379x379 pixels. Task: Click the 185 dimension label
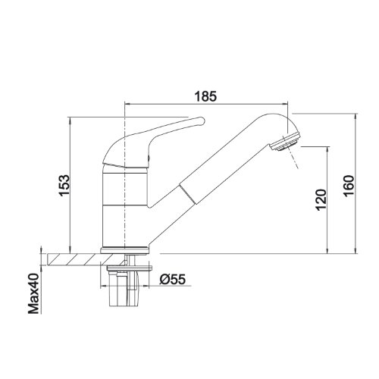point(205,96)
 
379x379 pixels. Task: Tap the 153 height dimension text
point(64,186)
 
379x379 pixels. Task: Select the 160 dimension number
point(349,186)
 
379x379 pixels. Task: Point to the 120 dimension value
point(321,199)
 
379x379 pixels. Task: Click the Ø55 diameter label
point(173,279)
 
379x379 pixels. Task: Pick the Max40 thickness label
point(34,293)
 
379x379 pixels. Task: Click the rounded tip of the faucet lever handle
point(202,121)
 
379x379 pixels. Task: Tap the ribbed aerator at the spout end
point(285,142)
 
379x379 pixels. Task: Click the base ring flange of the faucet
point(125,250)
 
